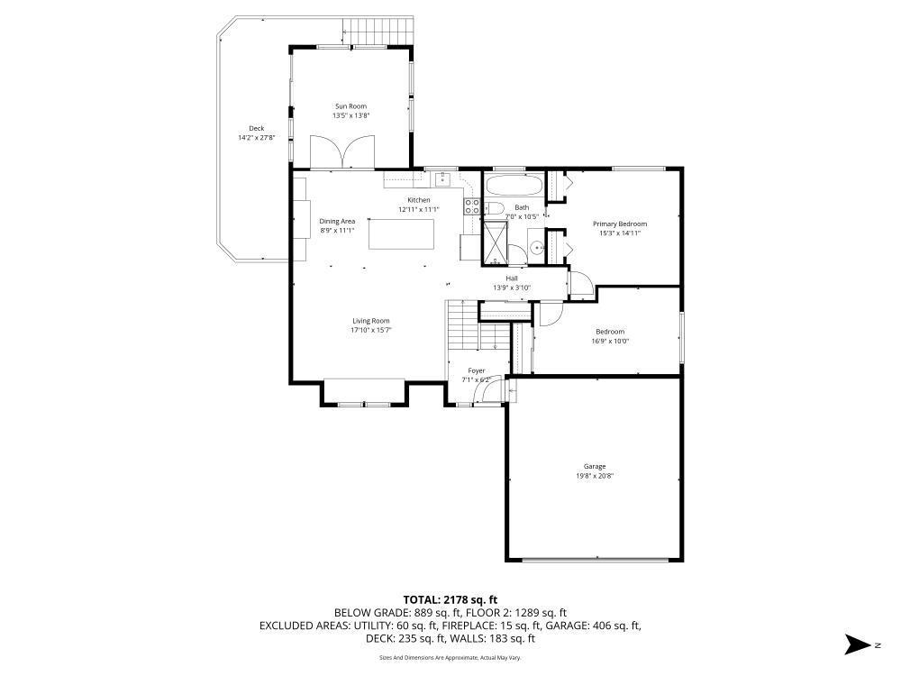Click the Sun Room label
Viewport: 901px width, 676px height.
pyautogui.click(x=350, y=106)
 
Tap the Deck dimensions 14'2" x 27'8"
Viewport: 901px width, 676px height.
pyautogui.click(x=256, y=138)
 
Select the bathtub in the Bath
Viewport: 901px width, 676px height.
pyautogui.click(x=514, y=186)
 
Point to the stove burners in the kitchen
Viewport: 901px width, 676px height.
pyautogui.click(x=472, y=207)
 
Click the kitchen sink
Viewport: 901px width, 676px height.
pyautogui.click(x=442, y=179)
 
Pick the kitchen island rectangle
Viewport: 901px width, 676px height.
pyautogui.click(x=401, y=234)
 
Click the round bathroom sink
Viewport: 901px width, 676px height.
pyautogui.click(x=537, y=248)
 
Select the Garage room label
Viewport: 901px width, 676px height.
pyautogui.click(x=595, y=467)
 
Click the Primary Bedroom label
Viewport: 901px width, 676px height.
pyautogui.click(x=620, y=224)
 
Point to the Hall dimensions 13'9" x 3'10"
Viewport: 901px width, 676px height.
pyautogui.click(x=512, y=288)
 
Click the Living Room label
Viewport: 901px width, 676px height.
pyautogui.click(x=371, y=322)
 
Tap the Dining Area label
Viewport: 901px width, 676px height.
pyautogui.click(x=337, y=222)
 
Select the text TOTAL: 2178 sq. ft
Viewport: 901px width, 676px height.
pyautogui.click(x=450, y=600)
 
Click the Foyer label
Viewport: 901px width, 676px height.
pyautogui.click(x=477, y=371)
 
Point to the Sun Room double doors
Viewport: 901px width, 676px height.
pyautogui.click(x=342, y=151)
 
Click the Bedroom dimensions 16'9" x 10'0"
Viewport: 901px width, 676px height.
pyautogui.click(x=610, y=341)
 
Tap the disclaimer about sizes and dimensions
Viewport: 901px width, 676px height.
pyautogui.click(x=450, y=658)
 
